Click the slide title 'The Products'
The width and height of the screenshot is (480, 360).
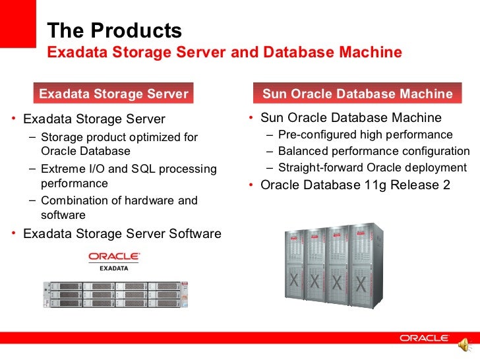pos(114,30)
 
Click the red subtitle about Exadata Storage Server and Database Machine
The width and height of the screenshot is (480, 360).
pos(225,52)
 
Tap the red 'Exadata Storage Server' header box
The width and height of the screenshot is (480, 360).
pos(113,94)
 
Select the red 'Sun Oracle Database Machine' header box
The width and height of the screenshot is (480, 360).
pos(357,94)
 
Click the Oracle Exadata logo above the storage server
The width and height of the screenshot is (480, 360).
pos(113,261)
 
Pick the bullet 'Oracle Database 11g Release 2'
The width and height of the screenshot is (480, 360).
pos(355,185)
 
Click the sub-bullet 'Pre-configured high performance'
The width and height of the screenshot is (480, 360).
pos(365,135)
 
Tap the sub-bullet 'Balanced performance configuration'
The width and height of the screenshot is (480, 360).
pos(374,151)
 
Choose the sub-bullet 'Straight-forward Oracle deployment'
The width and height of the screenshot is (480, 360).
pos(373,167)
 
